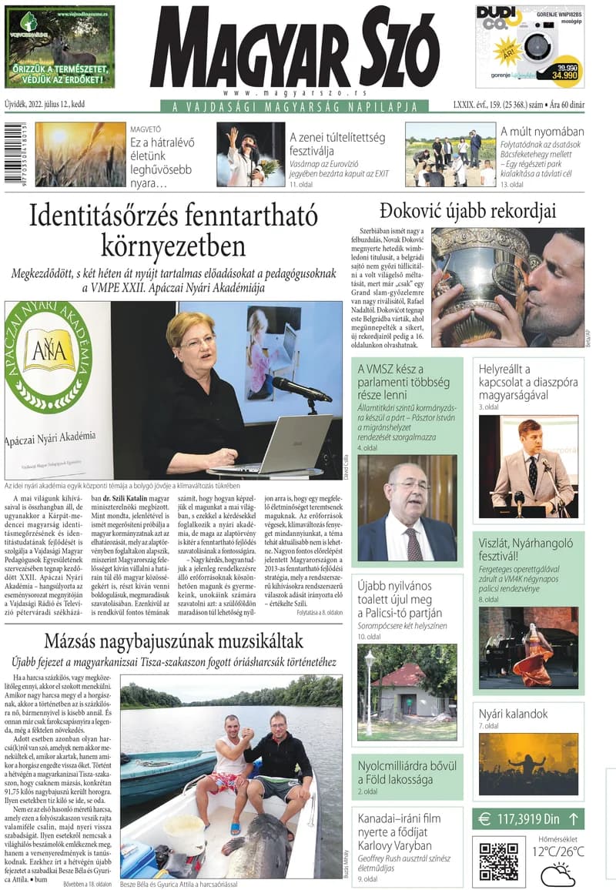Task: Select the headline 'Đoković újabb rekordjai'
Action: tap(467, 211)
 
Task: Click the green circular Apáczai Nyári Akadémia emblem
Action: tap(48, 356)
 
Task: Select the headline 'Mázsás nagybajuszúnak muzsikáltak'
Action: tap(173, 641)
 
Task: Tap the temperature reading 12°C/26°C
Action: tap(557, 852)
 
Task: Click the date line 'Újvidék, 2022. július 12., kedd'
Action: tap(45, 105)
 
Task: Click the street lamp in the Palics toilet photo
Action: tap(370, 688)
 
